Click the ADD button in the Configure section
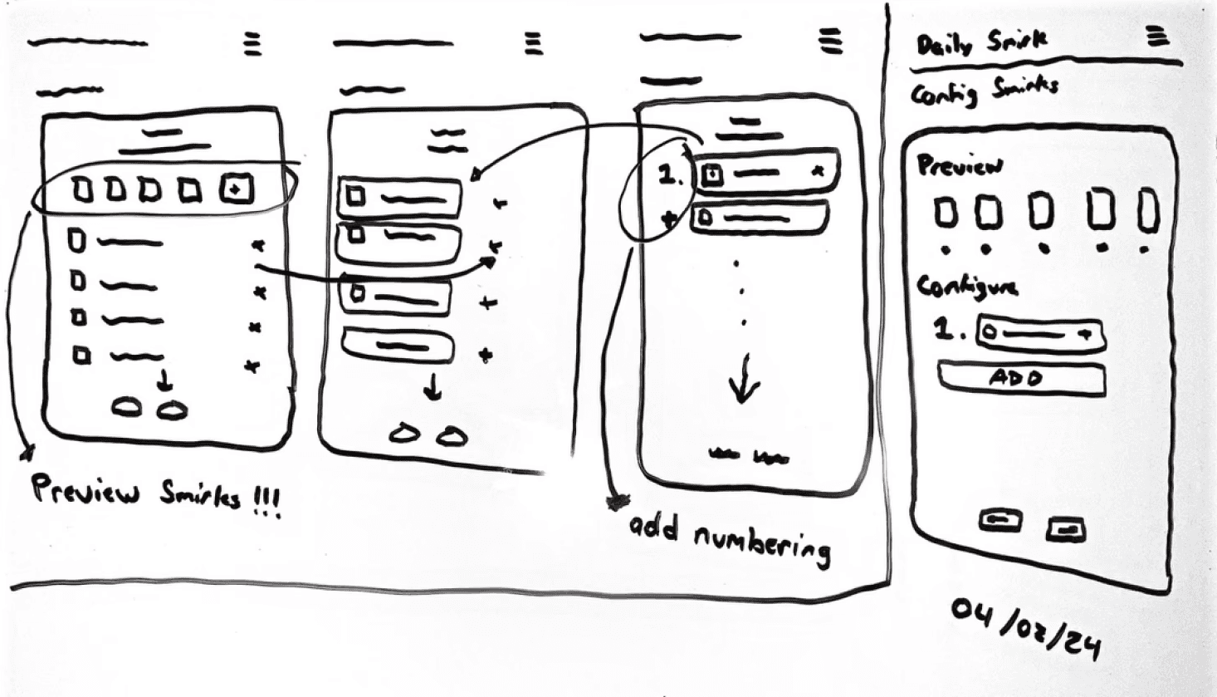tap(1020, 379)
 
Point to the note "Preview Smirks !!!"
tap(155, 495)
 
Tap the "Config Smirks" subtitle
tap(984, 90)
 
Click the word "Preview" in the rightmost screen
tap(959, 164)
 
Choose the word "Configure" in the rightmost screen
tap(966, 287)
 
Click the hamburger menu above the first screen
tap(252, 43)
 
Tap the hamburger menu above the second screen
tap(534, 43)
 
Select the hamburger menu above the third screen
tap(829, 41)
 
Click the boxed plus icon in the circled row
tap(236, 190)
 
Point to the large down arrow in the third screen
tap(744, 378)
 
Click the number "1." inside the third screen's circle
tap(669, 175)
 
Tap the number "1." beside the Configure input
tap(948, 330)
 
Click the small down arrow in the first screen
tap(165, 381)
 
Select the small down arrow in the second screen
tap(433, 388)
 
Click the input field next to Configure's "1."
tap(1039, 334)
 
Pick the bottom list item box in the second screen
tap(399, 345)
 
